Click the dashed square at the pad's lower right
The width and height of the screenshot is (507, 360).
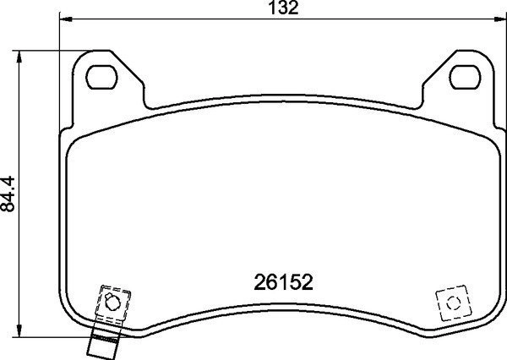(x=451, y=303)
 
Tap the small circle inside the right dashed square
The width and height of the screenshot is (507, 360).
(x=451, y=303)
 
